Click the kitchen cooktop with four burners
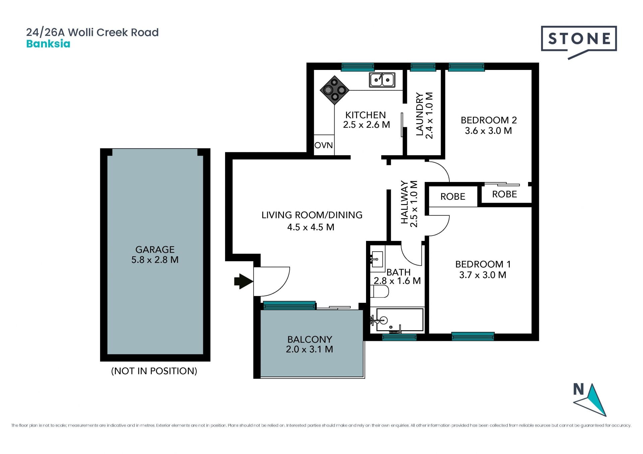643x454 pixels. coord(335,90)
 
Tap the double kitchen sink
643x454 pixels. coord(382,80)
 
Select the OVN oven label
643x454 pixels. coord(324,145)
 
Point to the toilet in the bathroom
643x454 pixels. coord(379,291)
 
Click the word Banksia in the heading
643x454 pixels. coord(48,44)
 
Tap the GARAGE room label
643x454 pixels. coord(155,250)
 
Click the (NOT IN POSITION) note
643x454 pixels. coord(154,371)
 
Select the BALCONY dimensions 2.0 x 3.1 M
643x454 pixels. coord(309,349)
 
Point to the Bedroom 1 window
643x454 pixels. coord(473,336)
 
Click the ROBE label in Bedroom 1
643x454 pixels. coord(453,196)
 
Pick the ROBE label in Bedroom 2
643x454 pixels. coord(504,194)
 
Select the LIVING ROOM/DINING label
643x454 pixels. coord(312,215)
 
